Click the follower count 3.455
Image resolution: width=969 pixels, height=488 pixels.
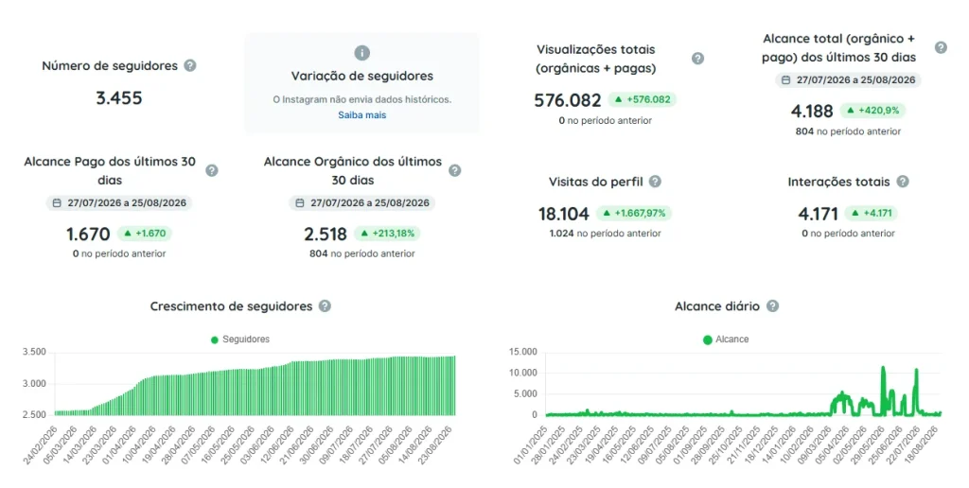pos(118,97)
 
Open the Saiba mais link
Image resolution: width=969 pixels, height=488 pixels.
pos(362,114)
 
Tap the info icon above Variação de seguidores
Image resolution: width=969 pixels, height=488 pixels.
pos(362,53)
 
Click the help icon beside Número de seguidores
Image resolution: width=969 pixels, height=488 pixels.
pos(190,65)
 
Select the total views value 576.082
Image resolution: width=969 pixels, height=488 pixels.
pos(568,100)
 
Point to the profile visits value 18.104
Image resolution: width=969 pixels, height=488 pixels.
pos(564,214)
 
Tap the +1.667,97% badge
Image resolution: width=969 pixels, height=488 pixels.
pos(634,213)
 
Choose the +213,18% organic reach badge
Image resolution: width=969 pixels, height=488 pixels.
pos(387,234)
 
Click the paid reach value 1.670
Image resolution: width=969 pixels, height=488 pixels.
pos(88,235)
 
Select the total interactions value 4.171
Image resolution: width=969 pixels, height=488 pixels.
pos(818,214)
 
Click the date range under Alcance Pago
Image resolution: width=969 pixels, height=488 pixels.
pos(119,202)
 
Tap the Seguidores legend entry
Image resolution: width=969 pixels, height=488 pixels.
pos(239,340)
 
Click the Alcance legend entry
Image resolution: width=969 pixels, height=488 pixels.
pos(726,340)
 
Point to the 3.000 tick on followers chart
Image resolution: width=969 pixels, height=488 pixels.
pos(34,384)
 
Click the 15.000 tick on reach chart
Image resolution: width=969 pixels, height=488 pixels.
pos(522,352)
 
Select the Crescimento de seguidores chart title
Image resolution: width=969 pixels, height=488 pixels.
pos(231,306)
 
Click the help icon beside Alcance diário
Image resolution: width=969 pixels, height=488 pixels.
pos(772,305)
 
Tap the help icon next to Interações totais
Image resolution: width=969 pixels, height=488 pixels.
pos(903,182)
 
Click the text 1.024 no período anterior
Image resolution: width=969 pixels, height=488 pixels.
pos(605,234)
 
